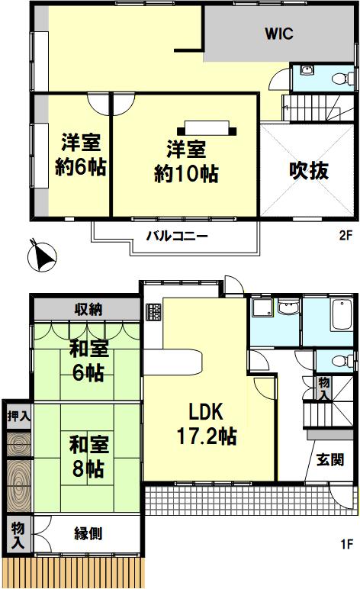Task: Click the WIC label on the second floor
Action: (x=278, y=34)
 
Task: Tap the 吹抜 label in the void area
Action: (x=309, y=171)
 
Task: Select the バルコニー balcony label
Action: (x=177, y=237)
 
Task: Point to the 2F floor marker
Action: (x=346, y=235)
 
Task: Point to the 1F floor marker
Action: (x=347, y=543)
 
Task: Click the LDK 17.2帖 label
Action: (x=207, y=423)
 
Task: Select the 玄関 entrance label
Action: (x=330, y=459)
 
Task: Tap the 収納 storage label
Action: (x=88, y=309)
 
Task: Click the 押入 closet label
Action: (x=18, y=416)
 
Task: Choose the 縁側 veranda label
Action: (x=88, y=533)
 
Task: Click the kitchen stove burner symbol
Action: (x=153, y=312)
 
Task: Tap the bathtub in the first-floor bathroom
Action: (x=342, y=315)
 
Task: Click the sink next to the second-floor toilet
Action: (x=307, y=70)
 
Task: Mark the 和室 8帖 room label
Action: (x=88, y=456)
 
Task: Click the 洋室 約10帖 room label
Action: (x=187, y=162)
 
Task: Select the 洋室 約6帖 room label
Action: (x=81, y=154)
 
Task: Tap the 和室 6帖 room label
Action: (x=88, y=360)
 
